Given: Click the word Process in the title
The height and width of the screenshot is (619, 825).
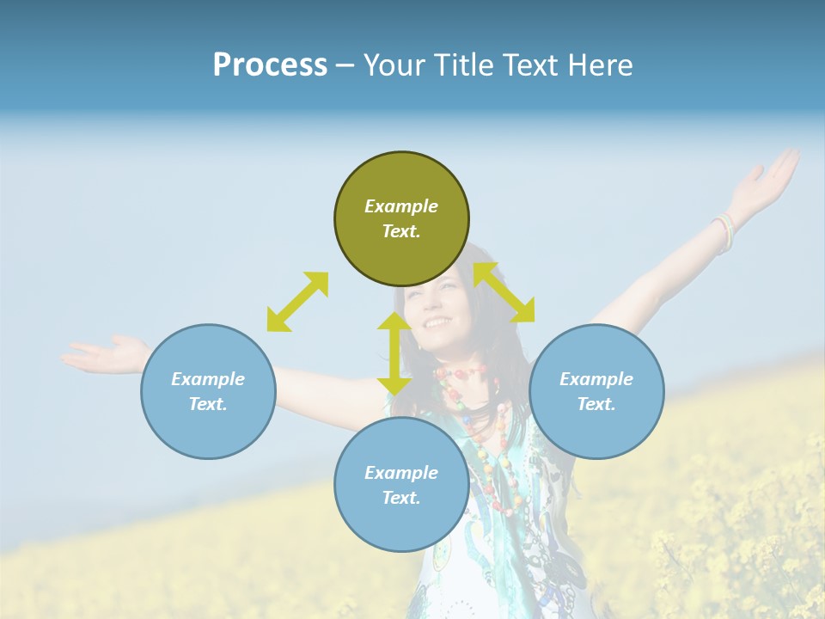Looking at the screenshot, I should point(270,65).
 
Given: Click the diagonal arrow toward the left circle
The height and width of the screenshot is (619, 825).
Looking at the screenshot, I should point(297,302).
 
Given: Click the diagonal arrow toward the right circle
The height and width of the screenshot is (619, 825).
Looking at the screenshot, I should point(504,292).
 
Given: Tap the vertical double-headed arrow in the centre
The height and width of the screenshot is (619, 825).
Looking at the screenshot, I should point(394,353).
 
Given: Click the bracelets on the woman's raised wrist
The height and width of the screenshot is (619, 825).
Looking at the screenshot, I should point(724,230).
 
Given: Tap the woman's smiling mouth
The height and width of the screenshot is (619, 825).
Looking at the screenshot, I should point(437,323).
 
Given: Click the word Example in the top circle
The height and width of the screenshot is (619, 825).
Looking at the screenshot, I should point(401,206).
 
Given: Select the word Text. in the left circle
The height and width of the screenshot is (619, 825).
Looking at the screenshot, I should point(208,404).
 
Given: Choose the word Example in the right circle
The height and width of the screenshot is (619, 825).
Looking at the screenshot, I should point(596,379).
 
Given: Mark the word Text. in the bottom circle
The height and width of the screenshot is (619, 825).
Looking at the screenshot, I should point(401,498).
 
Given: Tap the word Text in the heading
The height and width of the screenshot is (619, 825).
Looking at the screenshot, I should point(529,65).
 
